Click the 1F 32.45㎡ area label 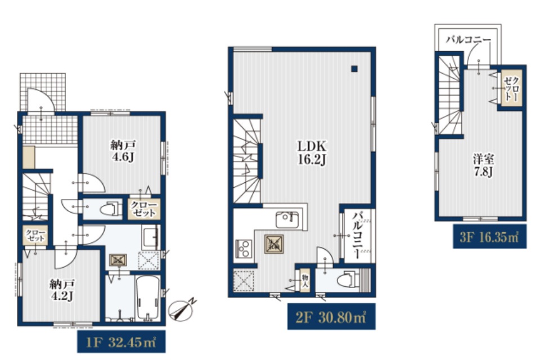pyautogui.click(x=121, y=342)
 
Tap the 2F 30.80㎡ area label pyautogui.click(x=331, y=317)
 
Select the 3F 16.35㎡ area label pyautogui.click(x=489, y=237)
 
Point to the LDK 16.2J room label pyautogui.click(x=312, y=152)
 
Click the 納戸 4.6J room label pyautogui.click(x=123, y=151)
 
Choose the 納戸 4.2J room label pyautogui.click(x=62, y=290)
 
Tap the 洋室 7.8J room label pyautogui.click(x=484, y=166)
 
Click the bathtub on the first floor pyautogui.click(x=147, y=298)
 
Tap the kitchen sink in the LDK pyautogui.click(x=287, y=219)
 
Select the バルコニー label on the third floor pyautogui.click(x=468, y=39)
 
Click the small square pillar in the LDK pyautogui.click(x=354, y=69)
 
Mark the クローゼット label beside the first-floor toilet pyautogui.click(x=143, y=209)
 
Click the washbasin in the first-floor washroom pyautogui.click(x=151, y=236)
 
